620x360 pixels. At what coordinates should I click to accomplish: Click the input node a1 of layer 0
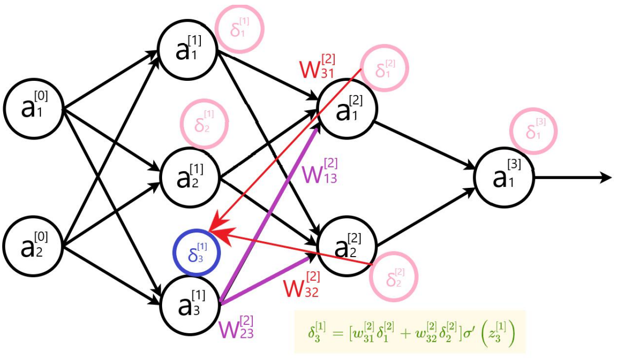34,109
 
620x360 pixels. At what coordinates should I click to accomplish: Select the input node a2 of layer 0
34,245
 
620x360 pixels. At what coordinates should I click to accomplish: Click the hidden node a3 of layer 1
188,303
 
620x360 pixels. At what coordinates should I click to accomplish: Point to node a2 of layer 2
346,245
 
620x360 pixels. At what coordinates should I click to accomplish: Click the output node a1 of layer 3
504,178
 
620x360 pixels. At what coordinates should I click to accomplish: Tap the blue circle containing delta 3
197,253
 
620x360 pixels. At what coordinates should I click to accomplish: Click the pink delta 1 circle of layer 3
532,131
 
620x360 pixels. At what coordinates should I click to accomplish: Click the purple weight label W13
319,171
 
